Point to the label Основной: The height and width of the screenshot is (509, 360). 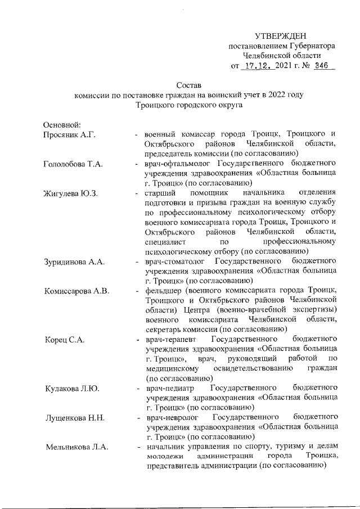click(62, 124)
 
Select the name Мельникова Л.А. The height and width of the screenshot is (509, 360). click(76, 447)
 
